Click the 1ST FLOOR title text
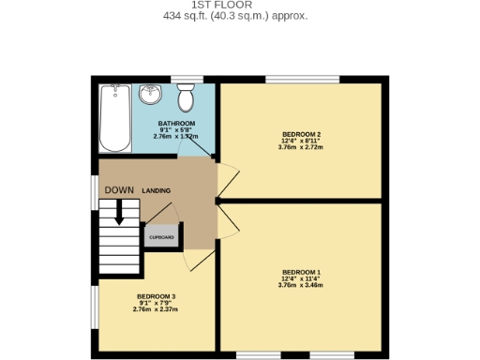[x=234, y=5]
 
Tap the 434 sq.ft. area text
[x=234, y=16]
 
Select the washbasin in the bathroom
[x=150, y=96]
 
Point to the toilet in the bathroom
[x=186, y=96]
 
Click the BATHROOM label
[x=176, y=124]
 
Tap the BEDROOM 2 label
[x=301, y=134]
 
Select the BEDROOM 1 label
[x=301, y=272]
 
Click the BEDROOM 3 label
[x=156, y=296]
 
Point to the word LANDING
[x=157, y=190]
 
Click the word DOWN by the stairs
[x=119, y=190]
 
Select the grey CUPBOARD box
[x=161, y=237]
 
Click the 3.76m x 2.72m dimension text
[x=301, y=147]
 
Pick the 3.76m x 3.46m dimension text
[x=301, y=285]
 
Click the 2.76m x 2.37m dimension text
[x=156, y=309]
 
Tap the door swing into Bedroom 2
[x=229, y=176]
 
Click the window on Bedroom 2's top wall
[x=302, y=79]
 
